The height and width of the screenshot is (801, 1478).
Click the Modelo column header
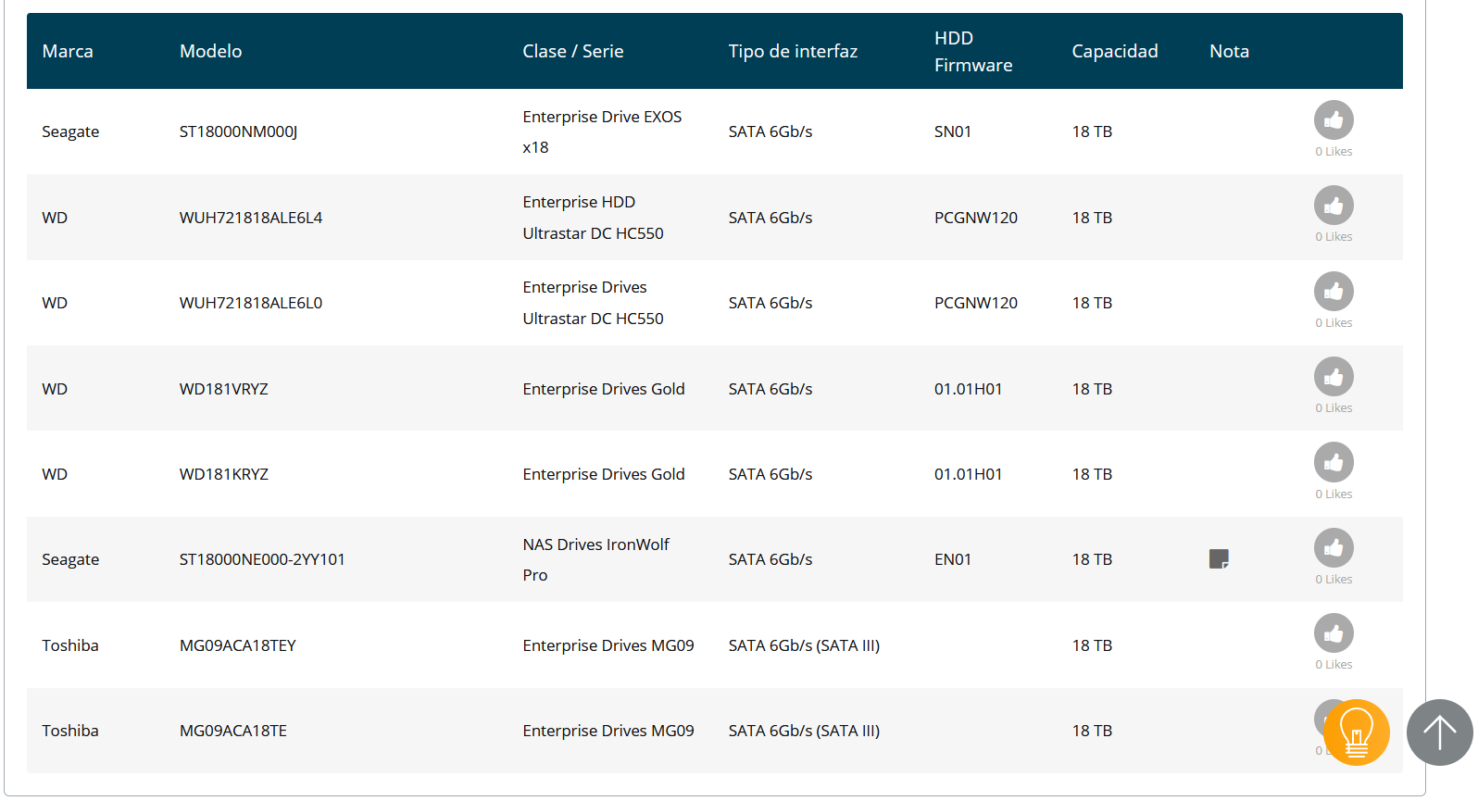(x=210, y=52)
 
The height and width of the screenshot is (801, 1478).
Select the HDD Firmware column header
(x=973, y=52)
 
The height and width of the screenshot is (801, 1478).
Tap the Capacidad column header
(x=1114, y=52)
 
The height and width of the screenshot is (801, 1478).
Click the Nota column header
(x=1229, y=52)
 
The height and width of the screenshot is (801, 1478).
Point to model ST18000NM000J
(x=238, y=132)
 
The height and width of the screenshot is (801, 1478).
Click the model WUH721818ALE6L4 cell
(x=251, y=218)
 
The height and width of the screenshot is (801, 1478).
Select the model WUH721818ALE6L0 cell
(x=251, y=303)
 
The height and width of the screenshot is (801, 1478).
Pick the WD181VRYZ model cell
(x=224, y=389)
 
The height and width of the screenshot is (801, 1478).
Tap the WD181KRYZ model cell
(x=224, y=474)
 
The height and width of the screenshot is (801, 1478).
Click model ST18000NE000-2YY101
(x=262, y=559)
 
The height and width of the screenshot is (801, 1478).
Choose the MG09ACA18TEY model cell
(x=237, y=645)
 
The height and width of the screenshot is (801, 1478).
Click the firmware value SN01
(x=953, y=132)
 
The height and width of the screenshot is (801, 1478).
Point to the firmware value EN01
(x=953, y=559)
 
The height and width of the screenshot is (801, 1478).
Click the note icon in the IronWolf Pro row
(x=1219, y=559)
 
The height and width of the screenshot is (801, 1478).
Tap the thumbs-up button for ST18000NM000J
(x=1334, y=120)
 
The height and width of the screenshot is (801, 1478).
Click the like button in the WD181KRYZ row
(x=1334, y=462)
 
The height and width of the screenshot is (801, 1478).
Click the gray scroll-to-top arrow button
(x=1440, y=732)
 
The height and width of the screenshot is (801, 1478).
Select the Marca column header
(x=68, y=52)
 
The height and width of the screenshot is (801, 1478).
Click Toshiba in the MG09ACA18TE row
(x=70, y=731)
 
